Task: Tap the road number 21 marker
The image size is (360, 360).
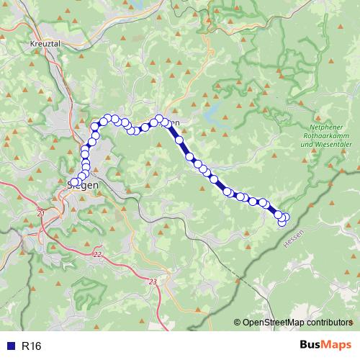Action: pyautogui.click(x=40, y=215)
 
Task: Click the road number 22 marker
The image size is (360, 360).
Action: pyautogui.click(x=98, y=255)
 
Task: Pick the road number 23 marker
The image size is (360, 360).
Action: pyautogui.click(x=152, y=282)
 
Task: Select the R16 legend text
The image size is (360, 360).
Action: pyautogui.click(x=32, y=346)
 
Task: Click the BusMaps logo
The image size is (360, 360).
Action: pyautogui.click(x=326, y=346)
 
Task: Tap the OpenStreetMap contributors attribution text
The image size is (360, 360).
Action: pyautogui.click(x=297, y=322)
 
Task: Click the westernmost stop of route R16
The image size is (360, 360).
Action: pyautogui.click(x=74, y=182)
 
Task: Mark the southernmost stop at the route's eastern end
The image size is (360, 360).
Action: pyautogui.click(x=282, y=223)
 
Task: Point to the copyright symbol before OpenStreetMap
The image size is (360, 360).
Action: pyautogui.click(x=238, y=322)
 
